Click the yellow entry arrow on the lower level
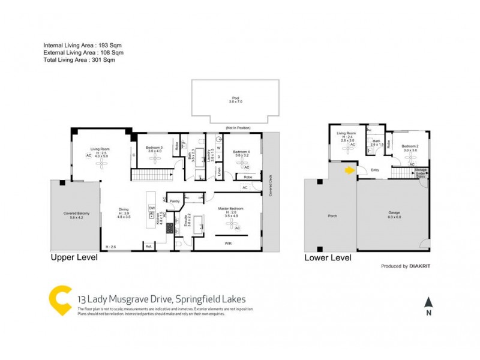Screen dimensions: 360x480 pyautogui.click(x=349, y=171)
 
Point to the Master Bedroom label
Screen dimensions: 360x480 pyautogui.click(x=229, y=208)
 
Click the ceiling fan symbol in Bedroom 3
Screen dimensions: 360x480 pyautogui.click(x=155, y=161)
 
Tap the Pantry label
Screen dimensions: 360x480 pyautogui.click(x=175, y=201)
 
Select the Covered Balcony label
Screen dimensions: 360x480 pyautogui.click(x=76, y=214)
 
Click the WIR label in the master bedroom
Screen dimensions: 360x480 pyautogui.click(x=228, y=243)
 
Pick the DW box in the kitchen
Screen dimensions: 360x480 pyautogui.click(x=152, y=208)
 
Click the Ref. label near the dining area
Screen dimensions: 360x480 pyautogui.click(x=148, y=246)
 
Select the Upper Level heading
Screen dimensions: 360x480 pyautogui.click(x=72, y=259)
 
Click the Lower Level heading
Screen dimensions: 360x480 pyautogui.click(x=328, y=259)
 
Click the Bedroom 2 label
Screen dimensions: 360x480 pyautogui.click(x=410, y=146)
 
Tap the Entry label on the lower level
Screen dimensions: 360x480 pyautogui.click(x=375, y=170)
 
